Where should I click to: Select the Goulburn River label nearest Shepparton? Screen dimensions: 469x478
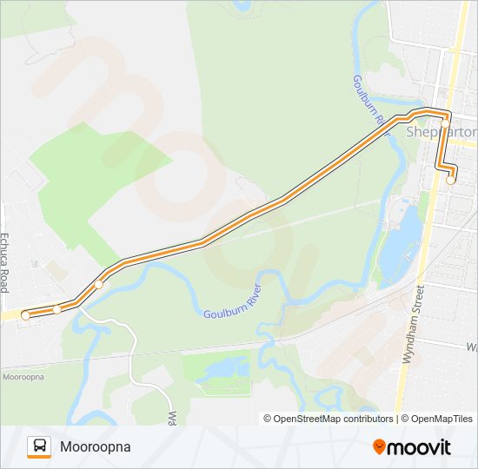click(x=369, y=109)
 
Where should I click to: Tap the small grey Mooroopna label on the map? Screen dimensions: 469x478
click(x=23, y=377)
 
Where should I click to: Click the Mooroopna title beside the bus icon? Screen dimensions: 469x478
click(x=95, y=446)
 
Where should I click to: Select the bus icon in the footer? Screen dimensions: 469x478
click(x=39, y=446)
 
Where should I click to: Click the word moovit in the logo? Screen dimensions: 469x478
click(x=420, y=447)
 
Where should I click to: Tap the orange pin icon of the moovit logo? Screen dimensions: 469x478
click(x=380, y=446)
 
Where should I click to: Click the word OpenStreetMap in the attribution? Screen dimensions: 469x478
click(x=307, y=419)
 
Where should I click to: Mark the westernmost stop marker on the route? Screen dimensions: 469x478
click(x=26, y=315)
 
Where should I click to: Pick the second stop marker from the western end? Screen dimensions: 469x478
click(x=56, y=309)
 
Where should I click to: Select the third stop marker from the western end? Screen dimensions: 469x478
click(x=99, y=284)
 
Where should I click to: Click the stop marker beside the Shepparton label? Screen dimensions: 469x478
click(x=445, y=124)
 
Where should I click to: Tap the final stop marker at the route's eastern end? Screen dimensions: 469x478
click(x=450, y=181)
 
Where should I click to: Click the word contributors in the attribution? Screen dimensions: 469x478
click(x=368, y=419)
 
